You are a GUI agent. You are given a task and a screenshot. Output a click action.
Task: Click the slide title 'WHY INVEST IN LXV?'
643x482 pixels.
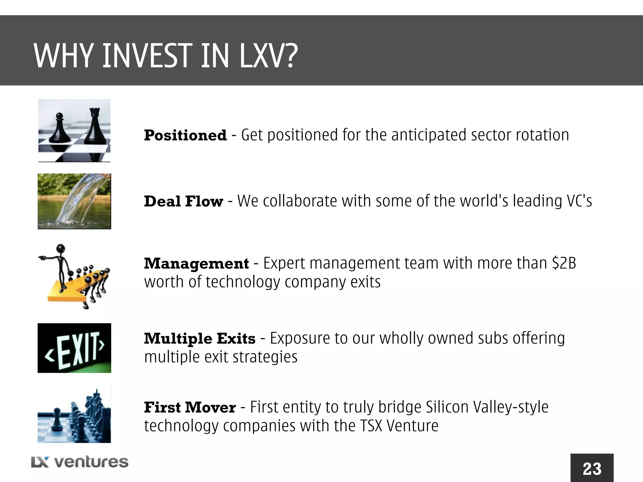pyautogui.click(x=165, y=56)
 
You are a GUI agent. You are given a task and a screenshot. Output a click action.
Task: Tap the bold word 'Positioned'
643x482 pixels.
pyautogui.click(x=185, y=136)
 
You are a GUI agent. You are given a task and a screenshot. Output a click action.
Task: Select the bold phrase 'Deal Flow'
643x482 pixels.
pyautogui.click(x=183, y=201)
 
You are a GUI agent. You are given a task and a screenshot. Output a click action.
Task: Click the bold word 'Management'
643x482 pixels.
pyautogui.click(x=196, y=264)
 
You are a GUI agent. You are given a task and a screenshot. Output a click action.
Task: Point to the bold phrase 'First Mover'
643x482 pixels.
pyautogui.click(x=190, y=408)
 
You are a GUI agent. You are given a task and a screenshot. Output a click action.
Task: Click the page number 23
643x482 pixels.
pyautogui.click(x=592, y=469)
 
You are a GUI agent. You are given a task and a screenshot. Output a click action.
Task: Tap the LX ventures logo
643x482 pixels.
pyautogui.click(x=80, y=462)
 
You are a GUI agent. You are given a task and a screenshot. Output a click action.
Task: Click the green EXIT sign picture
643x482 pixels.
pyautogui.click(x=74, y=348)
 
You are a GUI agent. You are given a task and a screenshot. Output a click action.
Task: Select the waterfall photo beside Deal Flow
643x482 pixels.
pyautogui.click(x=74, y=201)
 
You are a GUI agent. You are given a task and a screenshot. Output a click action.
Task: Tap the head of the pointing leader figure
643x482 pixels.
pyautogui.click(x=61, y=249)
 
